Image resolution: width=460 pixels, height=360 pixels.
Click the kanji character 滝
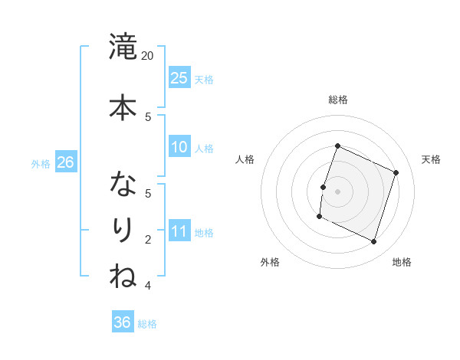123,47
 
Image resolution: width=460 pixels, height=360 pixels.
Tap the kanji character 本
123,108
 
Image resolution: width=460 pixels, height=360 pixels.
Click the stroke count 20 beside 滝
148,56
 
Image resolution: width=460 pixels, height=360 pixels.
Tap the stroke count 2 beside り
148,240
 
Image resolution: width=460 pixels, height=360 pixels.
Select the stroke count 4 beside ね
148,286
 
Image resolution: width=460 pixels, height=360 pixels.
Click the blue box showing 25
179,77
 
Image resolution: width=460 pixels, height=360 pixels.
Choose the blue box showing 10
179,147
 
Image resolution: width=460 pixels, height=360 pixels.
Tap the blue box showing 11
179,231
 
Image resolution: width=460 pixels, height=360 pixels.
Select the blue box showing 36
123,322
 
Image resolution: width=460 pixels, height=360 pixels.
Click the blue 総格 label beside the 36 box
147,324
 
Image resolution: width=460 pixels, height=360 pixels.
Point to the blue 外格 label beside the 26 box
41,163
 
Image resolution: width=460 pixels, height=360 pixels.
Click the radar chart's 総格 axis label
337,100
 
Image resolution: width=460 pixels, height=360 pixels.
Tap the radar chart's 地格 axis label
402,262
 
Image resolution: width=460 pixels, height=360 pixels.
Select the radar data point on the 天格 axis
396,173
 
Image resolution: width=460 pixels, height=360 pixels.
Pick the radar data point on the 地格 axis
373,242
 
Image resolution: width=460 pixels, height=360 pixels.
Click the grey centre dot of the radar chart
337,191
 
